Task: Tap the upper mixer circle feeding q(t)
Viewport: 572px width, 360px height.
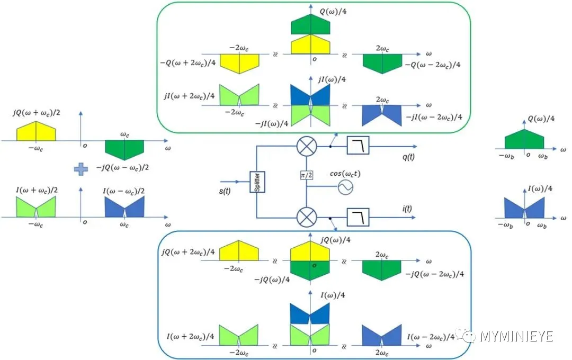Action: [305, 146]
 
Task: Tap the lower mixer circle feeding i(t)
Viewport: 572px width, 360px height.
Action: [305, 218]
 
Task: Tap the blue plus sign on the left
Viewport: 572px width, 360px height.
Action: [80, 169]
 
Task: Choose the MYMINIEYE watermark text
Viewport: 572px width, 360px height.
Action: [516, 336]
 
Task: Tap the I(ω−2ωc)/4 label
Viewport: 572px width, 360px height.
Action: [430, 337]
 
